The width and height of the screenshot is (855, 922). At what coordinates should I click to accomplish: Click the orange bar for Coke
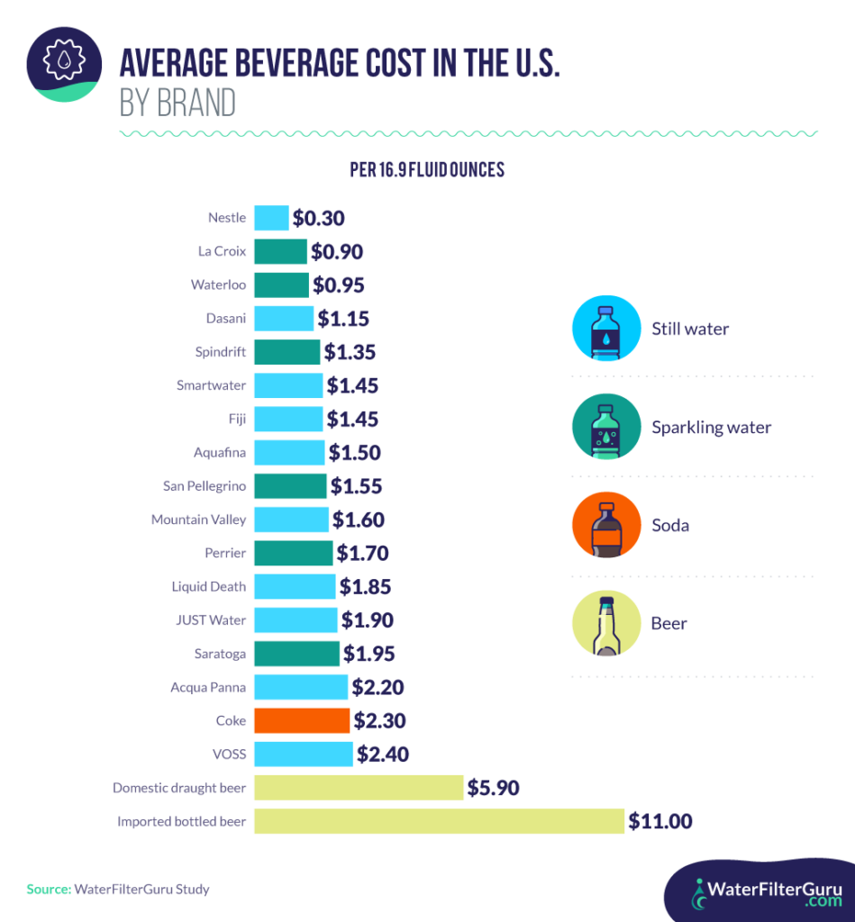click(x=301, y=720)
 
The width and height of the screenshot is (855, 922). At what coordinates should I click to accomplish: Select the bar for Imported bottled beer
click(x=439, y=821)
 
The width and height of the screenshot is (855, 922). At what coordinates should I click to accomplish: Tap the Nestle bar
click(x=271, y=218)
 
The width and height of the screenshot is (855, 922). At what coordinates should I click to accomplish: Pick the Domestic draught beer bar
click(x=359, y=788)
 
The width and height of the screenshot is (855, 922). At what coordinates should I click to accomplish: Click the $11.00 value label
click(x=660, y=821)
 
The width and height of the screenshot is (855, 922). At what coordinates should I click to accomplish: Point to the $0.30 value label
click(x=319, y=218)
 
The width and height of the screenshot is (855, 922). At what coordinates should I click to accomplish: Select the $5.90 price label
click(x=493, y=788)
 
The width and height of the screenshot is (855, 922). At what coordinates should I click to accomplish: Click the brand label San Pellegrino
click(x=205, y=486)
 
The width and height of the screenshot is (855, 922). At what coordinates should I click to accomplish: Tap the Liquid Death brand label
click(x=209, y=586)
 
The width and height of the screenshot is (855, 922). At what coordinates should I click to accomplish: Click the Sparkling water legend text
click(x=712, y=427)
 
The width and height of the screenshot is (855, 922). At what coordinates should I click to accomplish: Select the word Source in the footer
click(x=48, y=889)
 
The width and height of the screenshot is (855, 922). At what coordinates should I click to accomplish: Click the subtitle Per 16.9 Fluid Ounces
click(x=427, y=170)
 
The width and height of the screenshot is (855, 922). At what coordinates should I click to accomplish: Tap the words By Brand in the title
click(x=177, y=104)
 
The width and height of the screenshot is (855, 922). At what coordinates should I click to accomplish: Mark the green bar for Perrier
click(x=294, y=553)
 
